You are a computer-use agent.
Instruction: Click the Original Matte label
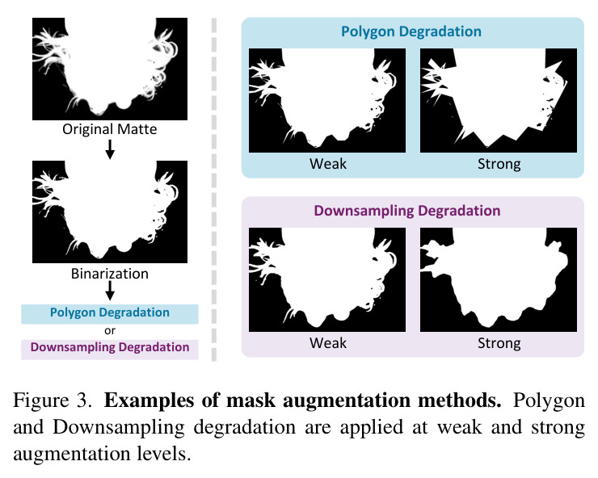coord(109,129)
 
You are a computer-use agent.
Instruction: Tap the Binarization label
coord(109,274)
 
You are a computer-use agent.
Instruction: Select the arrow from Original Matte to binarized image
coord(110,149)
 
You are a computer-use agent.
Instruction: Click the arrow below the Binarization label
coord(110,291)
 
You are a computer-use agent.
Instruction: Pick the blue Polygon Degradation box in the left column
coord(109,314)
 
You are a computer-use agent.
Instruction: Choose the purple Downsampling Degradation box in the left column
coord(109,349)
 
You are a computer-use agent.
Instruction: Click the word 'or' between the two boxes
coord(110,330)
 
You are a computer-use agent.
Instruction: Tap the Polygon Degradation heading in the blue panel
coord(411,31)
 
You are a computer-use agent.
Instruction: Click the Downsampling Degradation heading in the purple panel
coord(407,211)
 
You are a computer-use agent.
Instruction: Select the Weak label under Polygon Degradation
coord(328,164)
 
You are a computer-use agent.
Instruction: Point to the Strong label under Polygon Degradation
coord(499,164)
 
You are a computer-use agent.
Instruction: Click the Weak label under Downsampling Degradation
coord(328,343)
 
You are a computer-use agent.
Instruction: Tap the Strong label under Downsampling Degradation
coord(499,343)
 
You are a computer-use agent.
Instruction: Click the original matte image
coord(110,69)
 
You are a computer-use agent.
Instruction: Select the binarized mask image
coord(110,212)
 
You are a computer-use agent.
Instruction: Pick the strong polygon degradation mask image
coord(499,100)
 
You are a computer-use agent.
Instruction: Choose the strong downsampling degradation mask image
coord(499,280)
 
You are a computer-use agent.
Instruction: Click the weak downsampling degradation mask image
coord(327,280)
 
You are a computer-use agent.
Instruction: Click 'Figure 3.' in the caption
coord(53,401)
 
